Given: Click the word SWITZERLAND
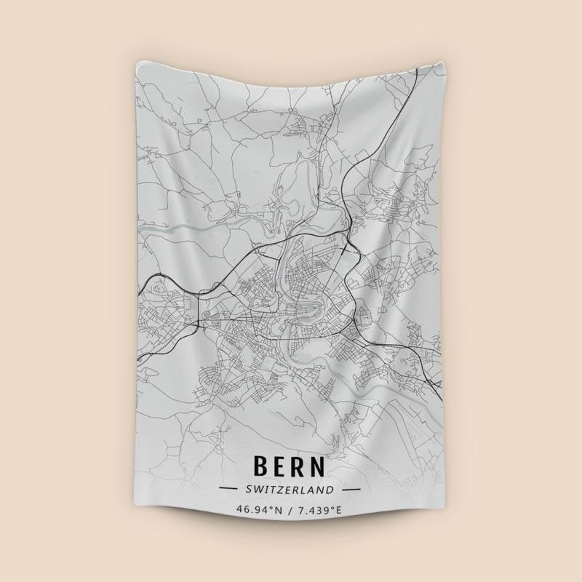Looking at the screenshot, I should pyautogui.click(x=290, y=490).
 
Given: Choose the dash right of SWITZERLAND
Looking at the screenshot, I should pyautogui.click(x=351, y=490).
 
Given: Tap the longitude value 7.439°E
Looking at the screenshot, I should pyautogui.click(x=318, y=511).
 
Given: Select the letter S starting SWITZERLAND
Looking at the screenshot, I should pyautogui.click(x=249, y=490).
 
